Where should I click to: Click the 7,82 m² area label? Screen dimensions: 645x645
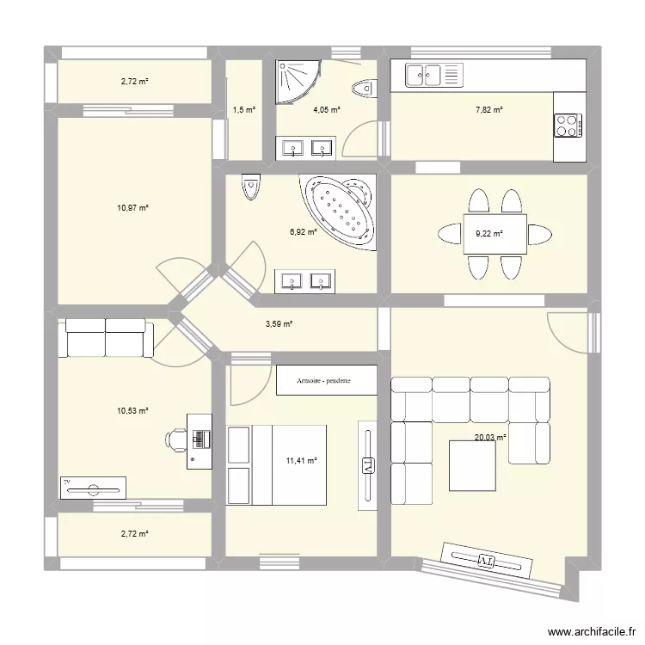pyautogui.click(x=489, y=110)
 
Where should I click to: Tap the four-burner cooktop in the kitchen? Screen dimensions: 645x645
pyautogui.click(x=568, y=126)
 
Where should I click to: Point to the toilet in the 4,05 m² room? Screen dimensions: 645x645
pyautogui.click(x=365, y=87)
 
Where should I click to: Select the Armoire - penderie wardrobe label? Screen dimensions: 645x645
pyautogui.click(x=326, y=380)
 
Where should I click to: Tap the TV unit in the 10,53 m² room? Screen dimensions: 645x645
pyautogui.click(x=92, y=487)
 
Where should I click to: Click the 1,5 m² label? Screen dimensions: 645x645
pyautogui.click(x=243, y=110)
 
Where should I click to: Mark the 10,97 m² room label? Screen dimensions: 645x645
pyautogui.click(x=133, y=208)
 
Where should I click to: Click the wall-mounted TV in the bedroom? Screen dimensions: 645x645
pyautogui.click(x=367, y=464)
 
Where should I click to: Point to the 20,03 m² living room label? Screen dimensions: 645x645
pyautogui.click(x=490, y=437)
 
